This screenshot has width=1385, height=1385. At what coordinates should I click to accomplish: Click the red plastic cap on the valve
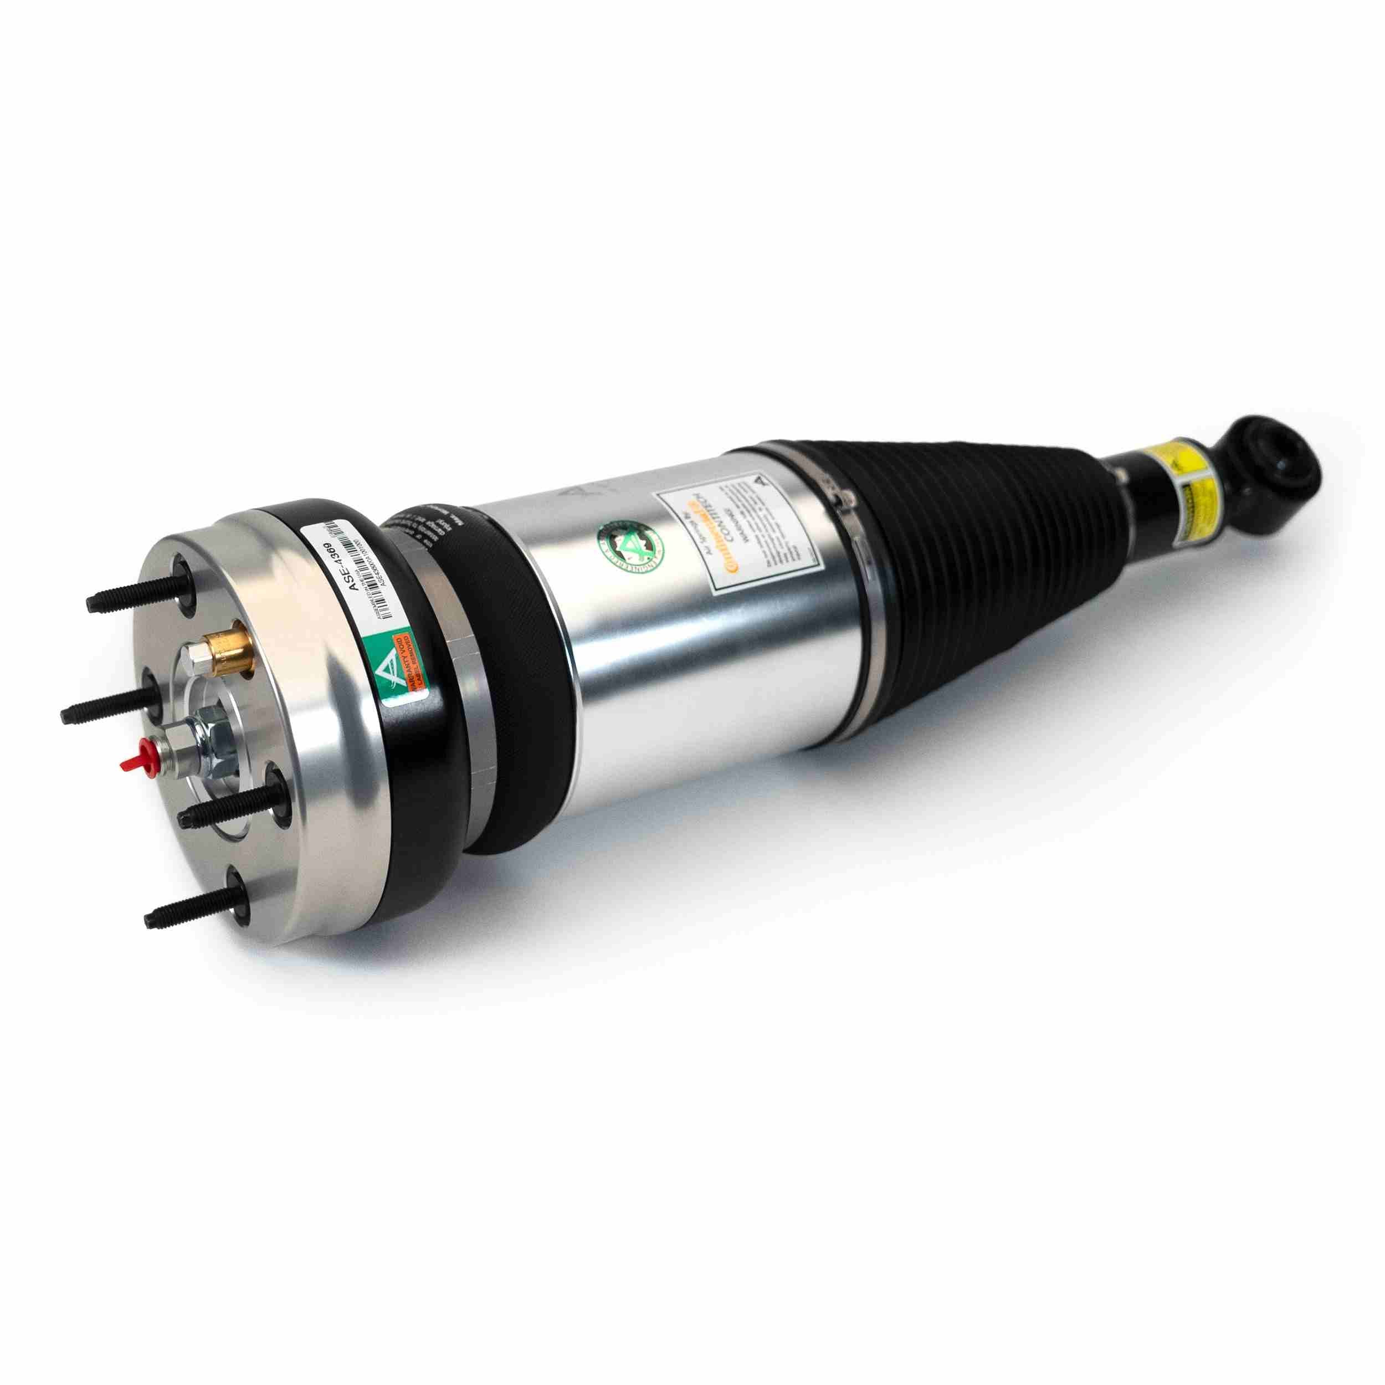click(134, 761)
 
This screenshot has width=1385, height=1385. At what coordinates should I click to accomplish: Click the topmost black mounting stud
click(136, 597)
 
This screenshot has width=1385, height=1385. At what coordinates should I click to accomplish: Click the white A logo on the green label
click(388, 671)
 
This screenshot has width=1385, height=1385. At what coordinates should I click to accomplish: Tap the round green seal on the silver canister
click(630, 546)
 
